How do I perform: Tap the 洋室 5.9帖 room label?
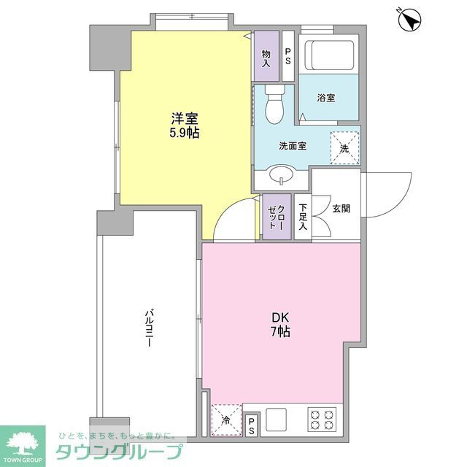click(185, 125)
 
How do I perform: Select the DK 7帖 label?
click(282, 325)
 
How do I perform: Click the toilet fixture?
click(275, 105)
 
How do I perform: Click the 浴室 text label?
click(326, 98)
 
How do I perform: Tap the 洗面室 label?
click(292, 145)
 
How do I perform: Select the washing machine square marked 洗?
click(344, 144)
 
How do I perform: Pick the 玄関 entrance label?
click(341, 209)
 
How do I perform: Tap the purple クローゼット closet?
click(277, 217)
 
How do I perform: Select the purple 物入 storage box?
click(266, 55)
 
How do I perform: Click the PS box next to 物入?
click(288, 56)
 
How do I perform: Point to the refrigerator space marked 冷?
click(226, 420)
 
